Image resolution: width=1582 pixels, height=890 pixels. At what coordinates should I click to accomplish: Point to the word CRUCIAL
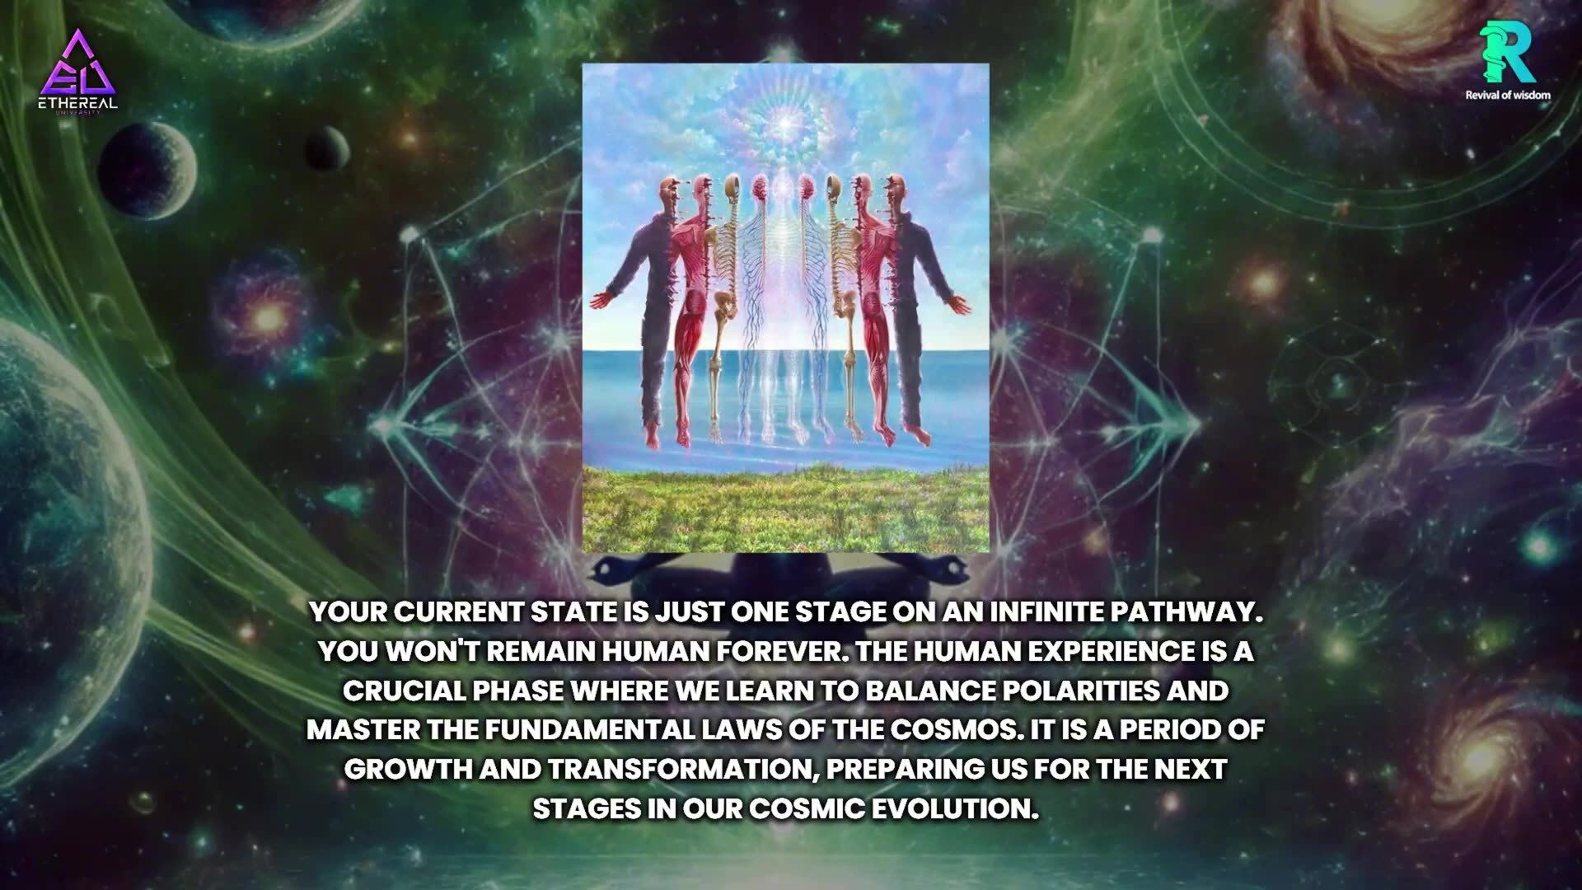404,691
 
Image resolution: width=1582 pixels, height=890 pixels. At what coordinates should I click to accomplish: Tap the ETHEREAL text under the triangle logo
77,104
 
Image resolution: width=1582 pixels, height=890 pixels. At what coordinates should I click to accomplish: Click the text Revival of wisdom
1507,95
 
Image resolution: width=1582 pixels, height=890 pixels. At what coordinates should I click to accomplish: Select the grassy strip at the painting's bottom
785,507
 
